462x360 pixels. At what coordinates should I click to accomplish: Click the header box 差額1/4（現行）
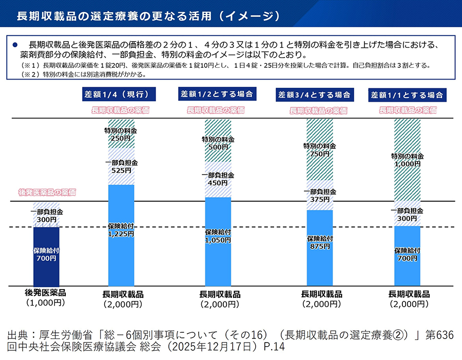click(x=121, y=94)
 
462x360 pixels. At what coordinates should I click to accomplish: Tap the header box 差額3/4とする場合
click(x=314, y=95)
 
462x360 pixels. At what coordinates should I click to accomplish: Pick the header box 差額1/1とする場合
click(x=407, y=95)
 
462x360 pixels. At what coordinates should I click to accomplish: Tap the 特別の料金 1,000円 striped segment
click(x=407, y=160)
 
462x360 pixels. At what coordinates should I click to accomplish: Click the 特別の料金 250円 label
click(x=121, y=135)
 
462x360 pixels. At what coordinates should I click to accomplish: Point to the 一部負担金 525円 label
click(x=121, y=166)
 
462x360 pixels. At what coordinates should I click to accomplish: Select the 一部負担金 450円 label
click(x=218, y=179)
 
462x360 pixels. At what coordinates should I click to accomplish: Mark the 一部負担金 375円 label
click(x=319, y=195)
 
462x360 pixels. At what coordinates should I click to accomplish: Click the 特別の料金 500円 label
click(x=218, y=143)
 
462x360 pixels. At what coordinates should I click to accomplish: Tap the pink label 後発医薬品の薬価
click(x=47, y=193)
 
